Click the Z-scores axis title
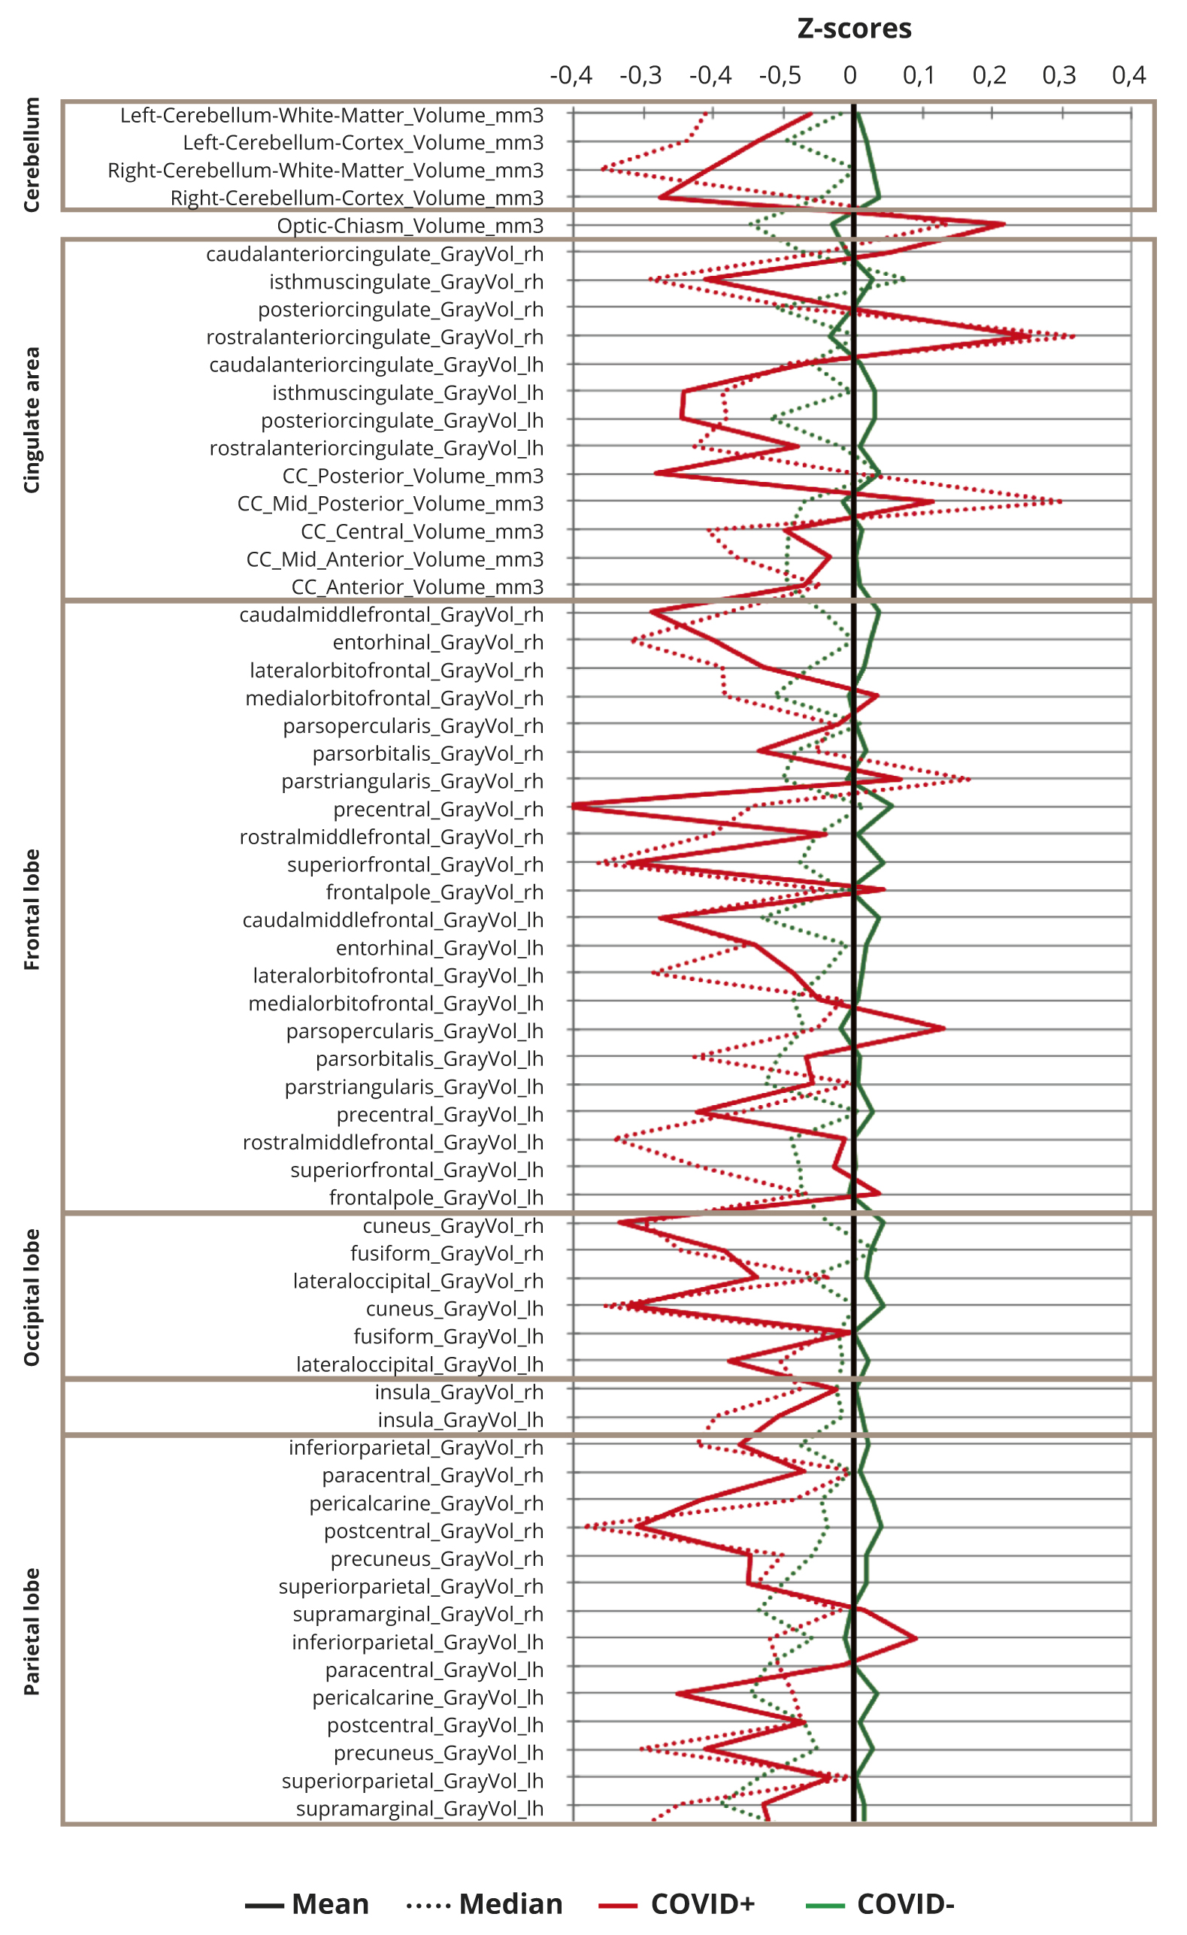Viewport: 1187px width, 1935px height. (x=854, y=29)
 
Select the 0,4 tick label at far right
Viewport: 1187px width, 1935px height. (x=1129, y=75)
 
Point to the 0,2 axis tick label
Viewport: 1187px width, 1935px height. (x=989, y=75)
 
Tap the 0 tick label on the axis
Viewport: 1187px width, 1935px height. (x=849, y=75)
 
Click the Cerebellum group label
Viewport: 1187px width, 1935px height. (x=32, y=155)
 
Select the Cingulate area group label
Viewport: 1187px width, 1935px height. (x=32, y=419)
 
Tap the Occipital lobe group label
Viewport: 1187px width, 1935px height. (x=32, y=1298)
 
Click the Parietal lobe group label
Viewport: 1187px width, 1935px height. (x=32, y=1631)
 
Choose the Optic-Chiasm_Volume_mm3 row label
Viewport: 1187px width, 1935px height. (x=410, y=226)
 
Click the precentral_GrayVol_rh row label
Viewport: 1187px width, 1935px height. (x=438, y=809)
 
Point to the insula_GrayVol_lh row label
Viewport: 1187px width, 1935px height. (x=460, y=1420)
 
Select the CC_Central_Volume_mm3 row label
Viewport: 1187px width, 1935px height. (x=422, y=531)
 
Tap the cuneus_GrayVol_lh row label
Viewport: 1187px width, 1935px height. (x=455, y=1308)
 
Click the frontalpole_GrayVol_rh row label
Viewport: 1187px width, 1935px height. (x=435, y=892)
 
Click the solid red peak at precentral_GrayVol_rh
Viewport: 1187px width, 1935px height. (x=574, y=806)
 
